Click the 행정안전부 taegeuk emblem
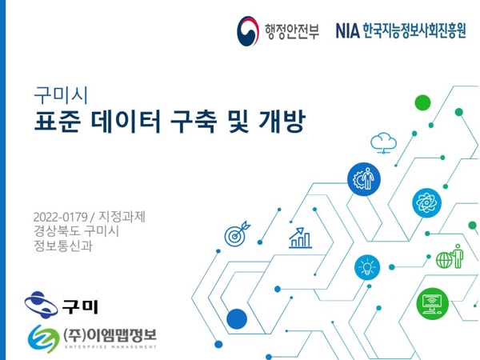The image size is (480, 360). [248, 31]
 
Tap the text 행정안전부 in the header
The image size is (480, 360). [292, 32]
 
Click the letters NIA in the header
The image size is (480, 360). [347, 30]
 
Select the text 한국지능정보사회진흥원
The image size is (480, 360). [414, 30]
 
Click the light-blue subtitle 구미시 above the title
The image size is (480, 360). [61, 95]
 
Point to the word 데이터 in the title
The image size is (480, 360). [126, 122]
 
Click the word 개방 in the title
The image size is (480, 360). [282, 122]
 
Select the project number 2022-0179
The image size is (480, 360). [60, 217]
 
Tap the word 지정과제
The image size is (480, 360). [122, 217]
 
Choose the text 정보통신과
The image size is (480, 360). [63, 246]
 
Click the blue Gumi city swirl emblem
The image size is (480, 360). [41, 305]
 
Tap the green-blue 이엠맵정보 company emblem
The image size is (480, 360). [44, 339]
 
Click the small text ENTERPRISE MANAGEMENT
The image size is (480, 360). [111, 347]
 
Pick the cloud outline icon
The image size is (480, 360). [383, 143]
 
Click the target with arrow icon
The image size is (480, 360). [238, 234]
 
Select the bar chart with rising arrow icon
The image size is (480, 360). [300, 238]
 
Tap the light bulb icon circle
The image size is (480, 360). [367, 267]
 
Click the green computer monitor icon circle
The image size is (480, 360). [432, 304]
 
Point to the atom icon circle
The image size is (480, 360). [426, 202]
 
